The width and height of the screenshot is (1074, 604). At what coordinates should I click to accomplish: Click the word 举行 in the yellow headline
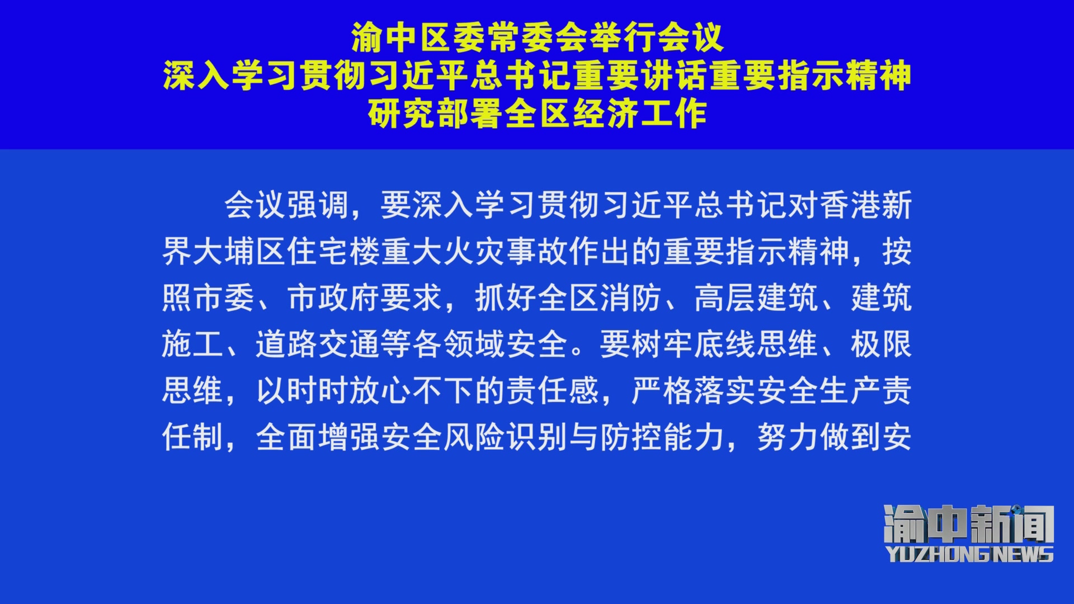tap(622, 38)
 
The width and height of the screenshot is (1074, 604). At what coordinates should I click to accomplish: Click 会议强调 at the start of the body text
tap(287, 205)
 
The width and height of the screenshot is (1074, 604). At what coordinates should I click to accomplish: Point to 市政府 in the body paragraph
tap(334, 298)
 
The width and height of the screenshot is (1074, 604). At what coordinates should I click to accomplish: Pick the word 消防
tap(632, 298)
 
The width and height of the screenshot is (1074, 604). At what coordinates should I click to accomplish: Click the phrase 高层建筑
tap(757, 298)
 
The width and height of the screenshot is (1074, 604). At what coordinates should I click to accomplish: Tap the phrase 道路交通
tap(318, 345)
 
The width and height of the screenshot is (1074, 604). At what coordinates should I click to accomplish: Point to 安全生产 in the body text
tap(819, 391)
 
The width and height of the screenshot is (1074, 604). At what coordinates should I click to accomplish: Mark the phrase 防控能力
tap(663, 437)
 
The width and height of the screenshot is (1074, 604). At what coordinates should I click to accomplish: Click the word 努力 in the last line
tap(788, 437)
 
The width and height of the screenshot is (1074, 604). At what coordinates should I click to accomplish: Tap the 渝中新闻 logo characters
tap(969, 524)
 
